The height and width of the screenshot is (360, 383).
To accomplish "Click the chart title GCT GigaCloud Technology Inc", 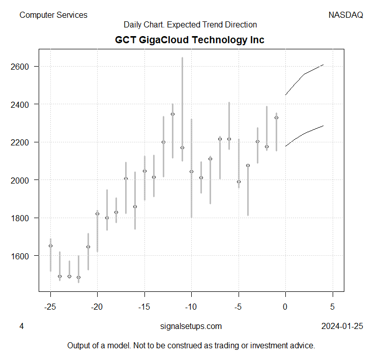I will pyautogui.click(x=190, y=40).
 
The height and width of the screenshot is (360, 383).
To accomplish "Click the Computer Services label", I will pyautogui.click(x=53, y=15).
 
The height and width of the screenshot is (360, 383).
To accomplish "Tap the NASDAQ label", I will pyautogui.click(x=346, y=15).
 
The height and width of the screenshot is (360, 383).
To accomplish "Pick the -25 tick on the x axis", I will pyautogui.click(x=50, y=307).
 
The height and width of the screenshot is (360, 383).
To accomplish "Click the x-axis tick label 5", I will pyautogui.click(x=333, y=307).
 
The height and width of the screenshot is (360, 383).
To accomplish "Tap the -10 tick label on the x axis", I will pyautogui.click(x=191, y=307).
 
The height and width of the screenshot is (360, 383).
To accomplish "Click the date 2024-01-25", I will pyautogui.click(x=342, y=326).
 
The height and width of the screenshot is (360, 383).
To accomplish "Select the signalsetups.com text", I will pyautogui.click(x=191, y=326).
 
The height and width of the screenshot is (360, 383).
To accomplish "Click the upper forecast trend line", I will pyautogui.click(x=304, y=74).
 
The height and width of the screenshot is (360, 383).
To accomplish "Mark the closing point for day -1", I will pyautogui.click(x=276, y=117).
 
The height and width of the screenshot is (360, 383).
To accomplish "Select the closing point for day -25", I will pyautogui.click(x=50, y=246).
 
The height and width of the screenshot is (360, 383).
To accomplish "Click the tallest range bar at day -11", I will pyautogui.click(x=182, y=102).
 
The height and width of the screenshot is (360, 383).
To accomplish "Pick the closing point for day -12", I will pyautogui.click(x=172, y=114).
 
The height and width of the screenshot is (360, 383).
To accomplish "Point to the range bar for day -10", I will pyautogui.click(x=191, y=193).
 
